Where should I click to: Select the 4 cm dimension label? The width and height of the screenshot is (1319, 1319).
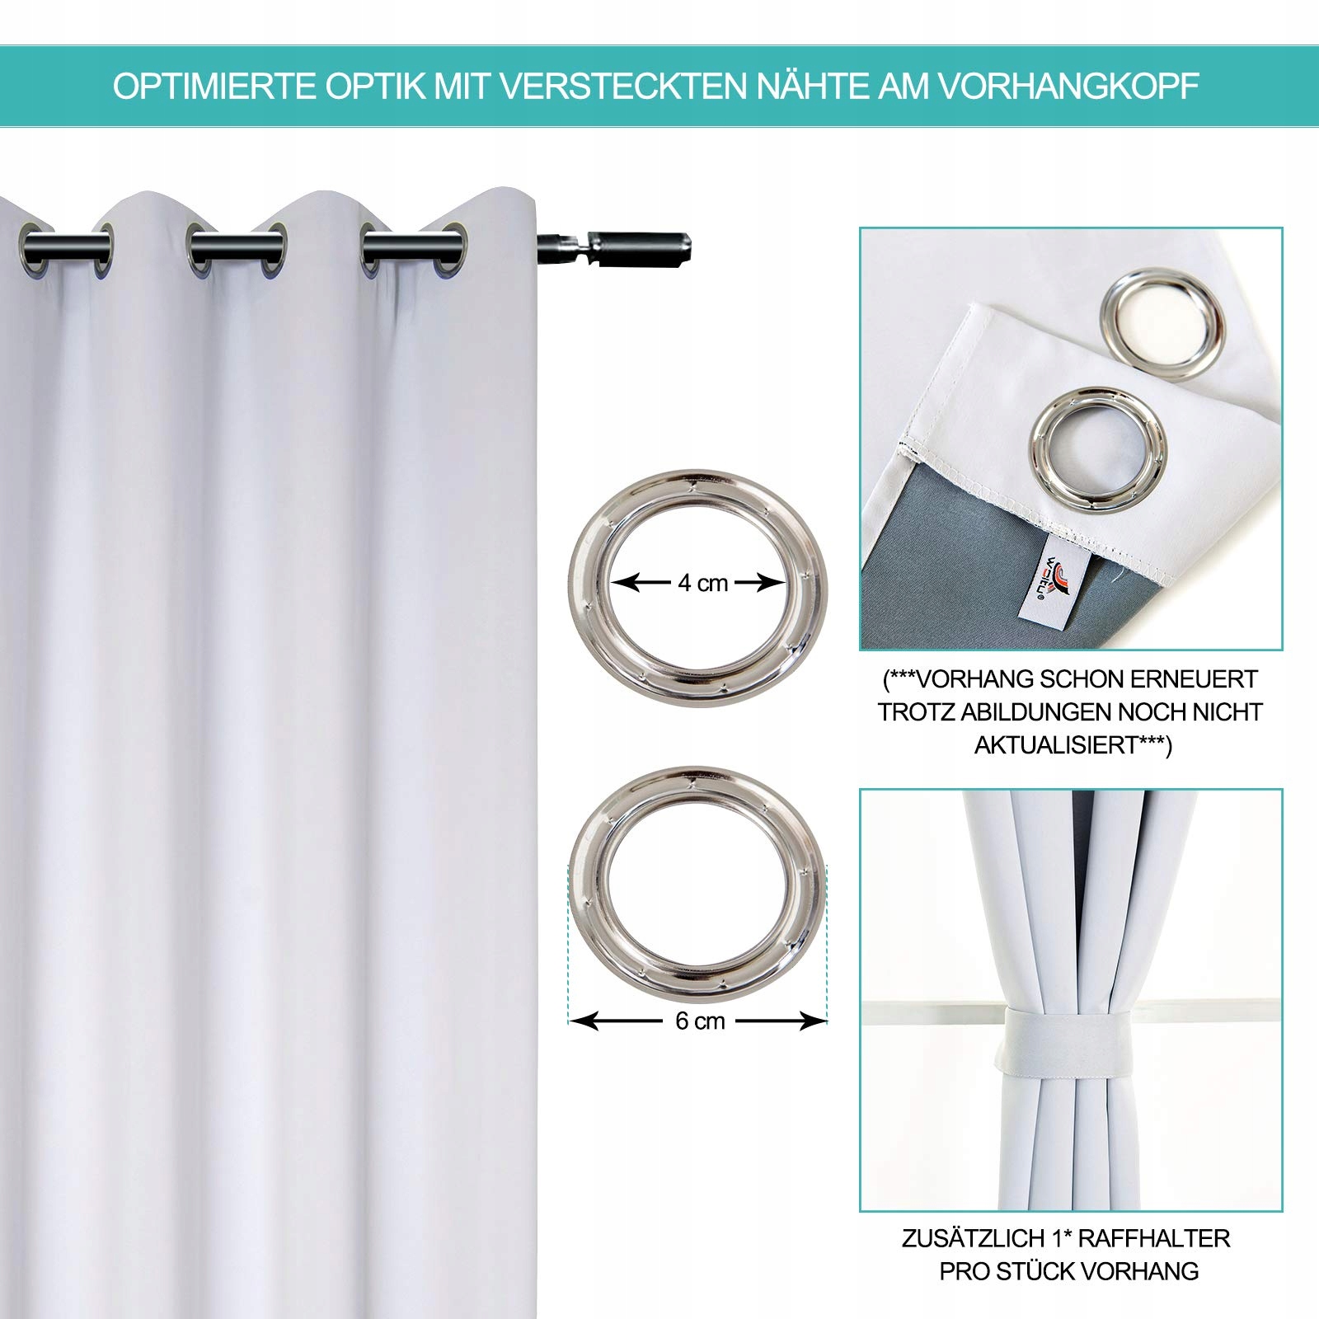pos(702,584)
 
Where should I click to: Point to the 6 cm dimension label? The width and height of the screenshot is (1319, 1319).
pos(700,1021)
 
